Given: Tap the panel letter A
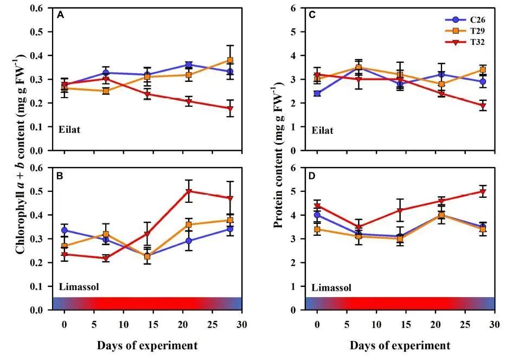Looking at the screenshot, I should point(61,15).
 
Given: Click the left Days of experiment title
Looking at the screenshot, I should point(147,345).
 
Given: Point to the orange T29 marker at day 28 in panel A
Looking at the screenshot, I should point(230,60).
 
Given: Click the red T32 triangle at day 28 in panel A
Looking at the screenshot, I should point(230,108).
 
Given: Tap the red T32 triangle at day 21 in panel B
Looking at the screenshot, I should point(188,191).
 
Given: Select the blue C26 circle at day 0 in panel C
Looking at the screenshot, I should point(317,94).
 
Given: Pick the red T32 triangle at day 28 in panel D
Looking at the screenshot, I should point(483,192).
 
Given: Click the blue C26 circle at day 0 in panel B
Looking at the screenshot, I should point(65,230).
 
